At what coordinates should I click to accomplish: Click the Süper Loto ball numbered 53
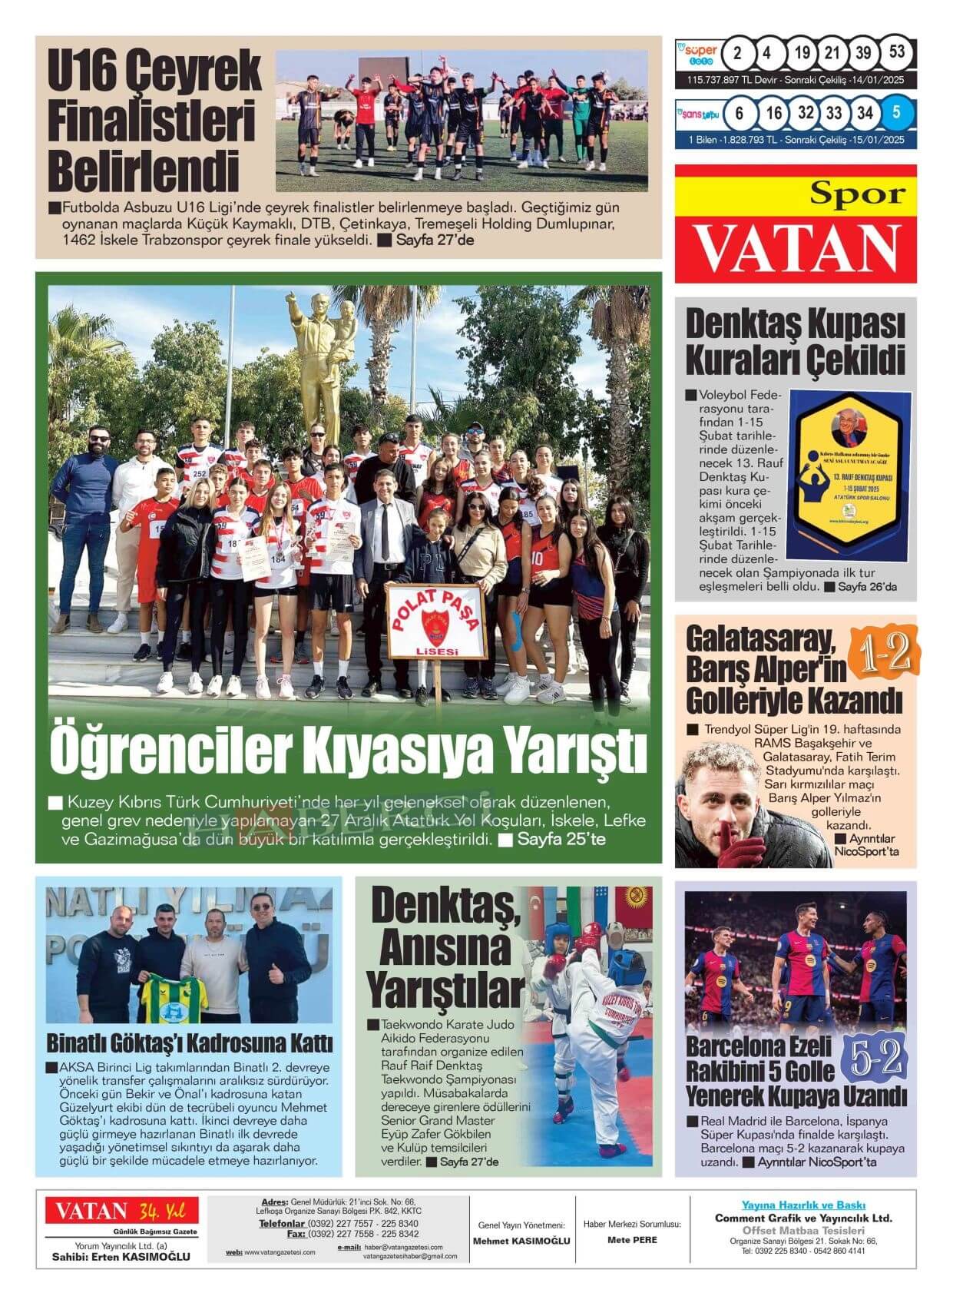point(896,53)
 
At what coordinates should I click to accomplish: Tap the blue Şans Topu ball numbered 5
point(896,113)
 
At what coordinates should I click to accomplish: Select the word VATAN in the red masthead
point(796,248)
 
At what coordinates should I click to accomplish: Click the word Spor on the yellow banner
point(858,194)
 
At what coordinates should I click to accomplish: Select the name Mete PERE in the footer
point(632,1239)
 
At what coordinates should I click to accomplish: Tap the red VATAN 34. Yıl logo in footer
point(121,1212)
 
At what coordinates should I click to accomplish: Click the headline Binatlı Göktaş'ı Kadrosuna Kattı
point(189,1044)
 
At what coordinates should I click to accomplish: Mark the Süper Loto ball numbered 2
point(737,53)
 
